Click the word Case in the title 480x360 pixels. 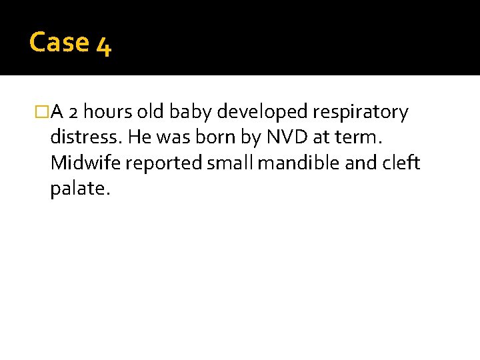tap(59, 43)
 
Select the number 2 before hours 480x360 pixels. tap(74, 113)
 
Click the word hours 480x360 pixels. tap(107, 113)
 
